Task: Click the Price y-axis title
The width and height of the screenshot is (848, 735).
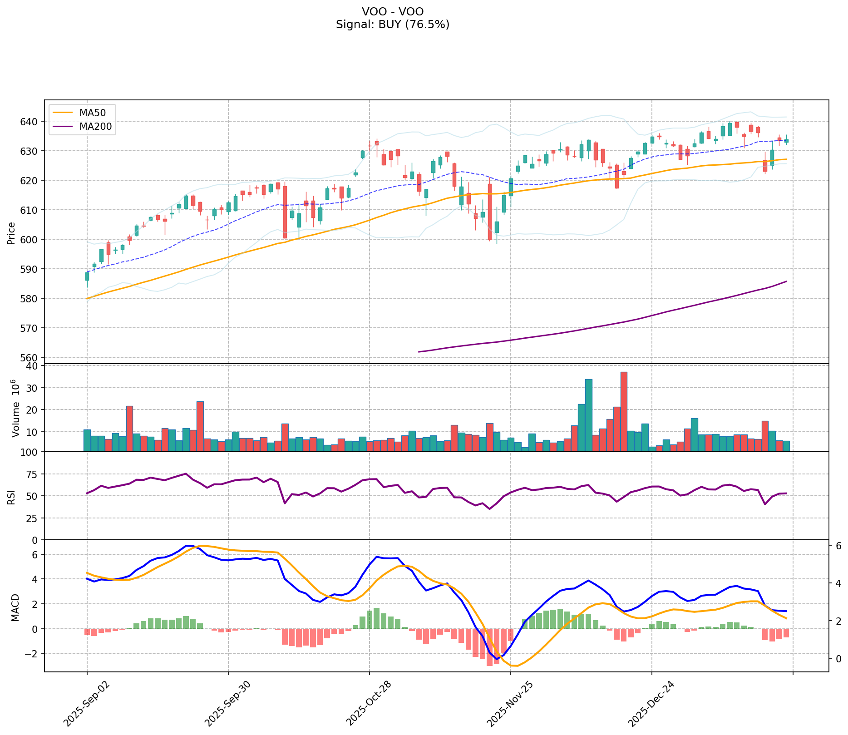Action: coord(11,233)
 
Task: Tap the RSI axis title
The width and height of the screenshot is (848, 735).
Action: coord(11,496)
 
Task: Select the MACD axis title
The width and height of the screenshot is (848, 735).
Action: coord(15,607)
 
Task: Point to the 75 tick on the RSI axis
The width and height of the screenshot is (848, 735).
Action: coord(34,474)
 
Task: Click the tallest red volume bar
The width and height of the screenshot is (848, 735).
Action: coord(624,411)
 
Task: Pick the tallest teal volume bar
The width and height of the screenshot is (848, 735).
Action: coord(588,415)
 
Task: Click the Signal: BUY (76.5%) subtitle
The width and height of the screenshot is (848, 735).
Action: coord(393,25)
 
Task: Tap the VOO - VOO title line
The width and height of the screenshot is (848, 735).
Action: coord(393,11)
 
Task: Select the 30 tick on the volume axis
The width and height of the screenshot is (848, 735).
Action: coord(34,388)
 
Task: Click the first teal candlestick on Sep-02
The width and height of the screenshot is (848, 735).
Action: coord(87,276)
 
